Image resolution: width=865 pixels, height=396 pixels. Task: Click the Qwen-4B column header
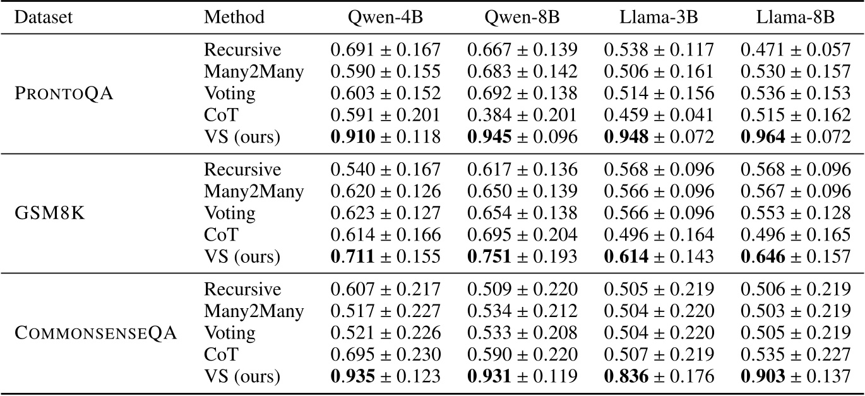click(x=385, y=17)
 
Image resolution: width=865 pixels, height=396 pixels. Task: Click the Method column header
click(x=234, y=17)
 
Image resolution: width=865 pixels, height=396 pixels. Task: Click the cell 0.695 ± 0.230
click(x=385, y=355)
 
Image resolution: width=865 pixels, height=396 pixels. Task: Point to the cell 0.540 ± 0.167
click(x=385, y=170)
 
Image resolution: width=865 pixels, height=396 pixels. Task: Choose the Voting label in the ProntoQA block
click(x=229, y=93)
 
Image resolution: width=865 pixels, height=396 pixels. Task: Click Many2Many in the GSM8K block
click(x=253, y=191)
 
